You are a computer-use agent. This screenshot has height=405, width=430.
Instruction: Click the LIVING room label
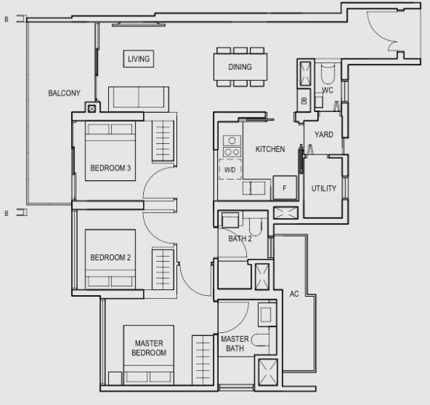139,59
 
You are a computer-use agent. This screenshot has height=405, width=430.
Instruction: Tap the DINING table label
240,67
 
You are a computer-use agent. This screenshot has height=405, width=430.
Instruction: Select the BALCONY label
64,93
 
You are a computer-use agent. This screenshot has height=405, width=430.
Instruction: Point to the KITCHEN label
270,149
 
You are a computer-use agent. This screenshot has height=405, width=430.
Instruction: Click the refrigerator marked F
285,188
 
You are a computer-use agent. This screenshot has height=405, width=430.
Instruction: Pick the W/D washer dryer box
230,169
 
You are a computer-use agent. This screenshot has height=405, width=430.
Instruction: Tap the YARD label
324,134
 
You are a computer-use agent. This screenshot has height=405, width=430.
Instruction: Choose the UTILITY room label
324,188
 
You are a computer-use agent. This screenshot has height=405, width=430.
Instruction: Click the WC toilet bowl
328,73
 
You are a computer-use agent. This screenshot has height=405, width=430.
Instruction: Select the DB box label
304,101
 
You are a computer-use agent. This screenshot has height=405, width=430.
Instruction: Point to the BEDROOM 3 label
110,168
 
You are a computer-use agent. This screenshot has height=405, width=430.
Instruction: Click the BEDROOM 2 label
110,257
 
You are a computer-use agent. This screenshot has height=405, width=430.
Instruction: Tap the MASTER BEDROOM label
149,348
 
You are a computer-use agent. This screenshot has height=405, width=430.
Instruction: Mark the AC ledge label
294,294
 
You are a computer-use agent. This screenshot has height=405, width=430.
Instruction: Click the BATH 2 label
240,238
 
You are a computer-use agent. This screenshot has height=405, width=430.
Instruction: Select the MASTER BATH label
235,343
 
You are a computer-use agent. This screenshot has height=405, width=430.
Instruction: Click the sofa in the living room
139,99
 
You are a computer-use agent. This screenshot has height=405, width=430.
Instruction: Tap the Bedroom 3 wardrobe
163,141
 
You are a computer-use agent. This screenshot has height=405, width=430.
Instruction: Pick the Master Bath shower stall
268,372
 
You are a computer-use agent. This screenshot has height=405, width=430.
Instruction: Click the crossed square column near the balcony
92,109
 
